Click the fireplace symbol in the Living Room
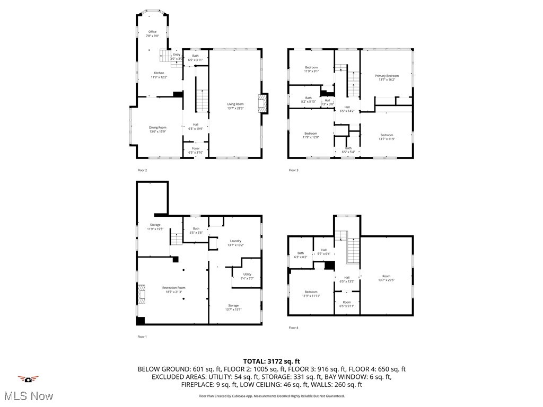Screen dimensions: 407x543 [x=262, y=103]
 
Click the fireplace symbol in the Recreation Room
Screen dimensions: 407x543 [x=141, y=293]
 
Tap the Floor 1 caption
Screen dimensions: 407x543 [x=142, y=337]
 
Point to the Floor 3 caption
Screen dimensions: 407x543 [x=293, y=170]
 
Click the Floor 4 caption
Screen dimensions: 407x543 [x=293, y=328]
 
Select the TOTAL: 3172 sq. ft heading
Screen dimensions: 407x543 [x=271, y=361]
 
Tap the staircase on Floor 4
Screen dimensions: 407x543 [x=353, y=249]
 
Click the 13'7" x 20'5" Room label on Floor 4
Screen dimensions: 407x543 [x=387, y=278]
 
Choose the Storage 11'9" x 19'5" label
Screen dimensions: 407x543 [x=155, y=227]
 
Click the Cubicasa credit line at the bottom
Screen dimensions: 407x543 [x=271, y=396]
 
